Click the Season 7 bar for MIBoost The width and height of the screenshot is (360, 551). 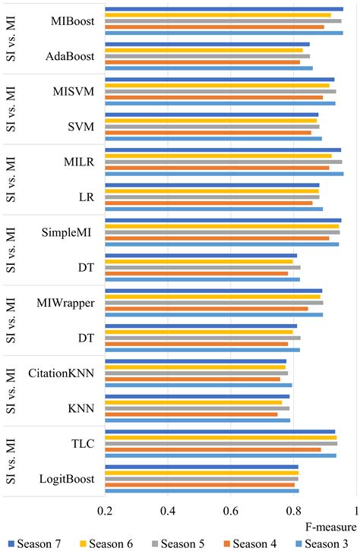point(224,9)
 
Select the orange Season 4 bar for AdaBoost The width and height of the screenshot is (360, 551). point(203,62)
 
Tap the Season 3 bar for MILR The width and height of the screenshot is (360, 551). point(224,174)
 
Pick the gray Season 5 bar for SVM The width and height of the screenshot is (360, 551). point(213,127)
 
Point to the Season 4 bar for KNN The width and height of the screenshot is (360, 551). point(191,414)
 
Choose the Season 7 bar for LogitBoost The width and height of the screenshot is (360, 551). point(202,467)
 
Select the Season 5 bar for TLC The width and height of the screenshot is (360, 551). point(221,444)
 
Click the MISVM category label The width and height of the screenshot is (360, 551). point(74,92)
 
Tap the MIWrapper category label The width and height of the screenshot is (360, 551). point(65,303)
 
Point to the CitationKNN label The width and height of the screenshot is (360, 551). point(62,373)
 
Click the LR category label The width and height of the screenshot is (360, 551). point(87,197)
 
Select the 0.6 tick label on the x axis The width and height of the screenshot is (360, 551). point(231,511)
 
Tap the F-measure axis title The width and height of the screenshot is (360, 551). point(330,527)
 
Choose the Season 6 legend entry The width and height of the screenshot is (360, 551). point(106,543)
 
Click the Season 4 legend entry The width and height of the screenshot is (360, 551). point(250,543)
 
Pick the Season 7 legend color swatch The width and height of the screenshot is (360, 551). point(11,544)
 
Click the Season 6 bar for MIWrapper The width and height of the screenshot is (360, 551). point(213,297)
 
